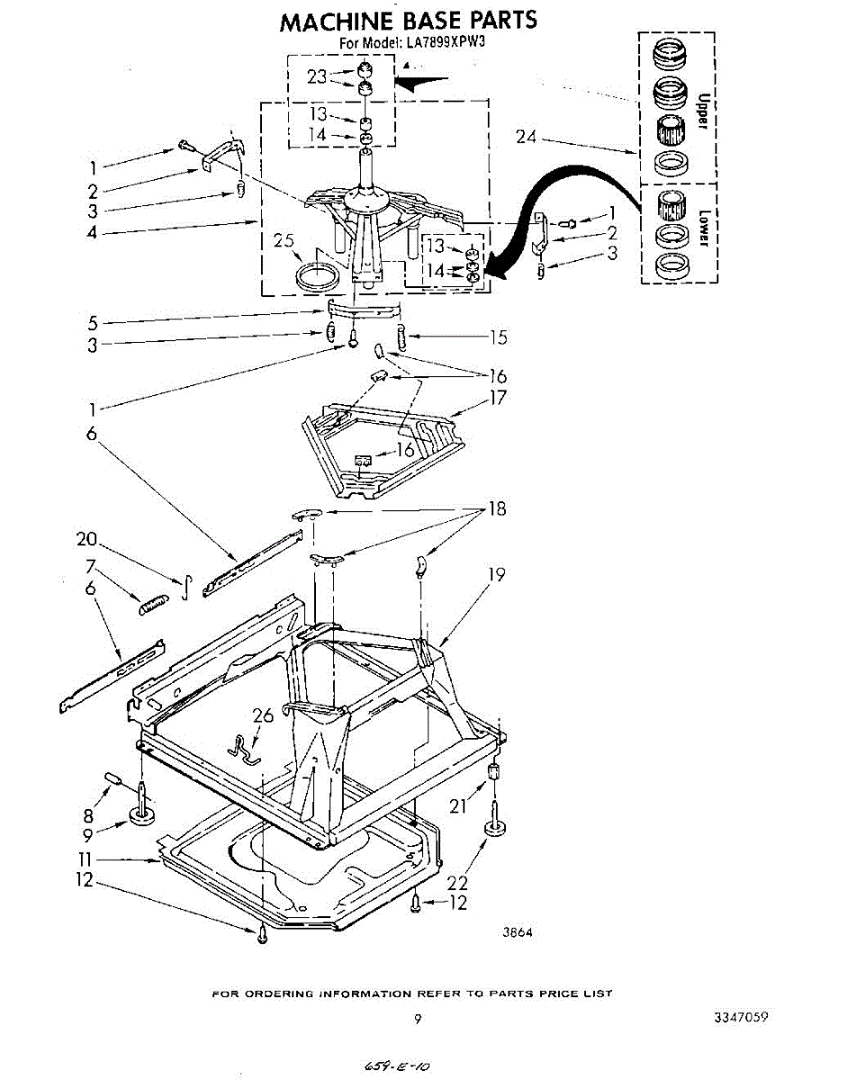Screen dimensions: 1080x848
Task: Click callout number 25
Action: (284, 241)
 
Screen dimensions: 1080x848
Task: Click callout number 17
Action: (497, 398)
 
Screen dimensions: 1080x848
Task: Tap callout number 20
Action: (86, 539)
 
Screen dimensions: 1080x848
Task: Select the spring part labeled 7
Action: (154, 602)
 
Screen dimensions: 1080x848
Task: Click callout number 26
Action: (263, 717)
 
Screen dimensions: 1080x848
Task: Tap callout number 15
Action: (497, 337)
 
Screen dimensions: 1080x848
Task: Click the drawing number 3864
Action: (517, 932)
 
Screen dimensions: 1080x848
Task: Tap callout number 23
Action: (317, 77)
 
